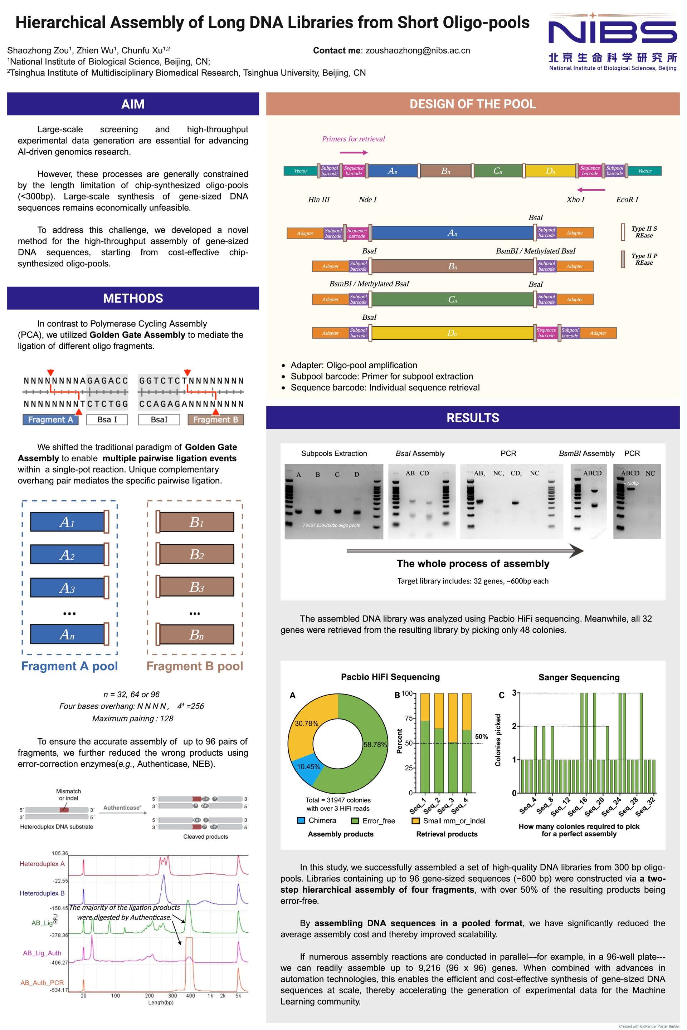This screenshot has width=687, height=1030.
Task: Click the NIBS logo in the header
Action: [613, 41]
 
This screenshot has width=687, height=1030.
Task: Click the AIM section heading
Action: [133, 104]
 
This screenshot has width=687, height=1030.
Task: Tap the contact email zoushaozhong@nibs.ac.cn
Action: [418, 51]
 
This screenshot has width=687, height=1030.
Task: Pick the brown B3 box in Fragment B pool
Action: [196, 587]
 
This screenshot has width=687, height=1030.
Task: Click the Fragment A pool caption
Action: [70, 666]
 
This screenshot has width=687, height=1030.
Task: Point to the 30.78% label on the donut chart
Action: [306, 724]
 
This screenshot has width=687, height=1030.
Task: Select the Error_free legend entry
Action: [373, 821]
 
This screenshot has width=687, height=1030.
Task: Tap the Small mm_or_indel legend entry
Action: [449, 821]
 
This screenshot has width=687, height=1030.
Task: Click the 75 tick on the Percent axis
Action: [409, 718]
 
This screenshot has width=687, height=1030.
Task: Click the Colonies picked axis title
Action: [498, 740]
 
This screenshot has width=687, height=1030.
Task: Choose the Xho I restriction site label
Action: [575, 200]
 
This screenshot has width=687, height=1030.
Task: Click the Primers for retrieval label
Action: [353, 139]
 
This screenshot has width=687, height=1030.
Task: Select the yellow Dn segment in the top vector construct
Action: [550, 171]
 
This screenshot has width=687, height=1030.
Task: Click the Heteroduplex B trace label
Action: [42, 893]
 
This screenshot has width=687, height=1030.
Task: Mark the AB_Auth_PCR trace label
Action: [42, 983]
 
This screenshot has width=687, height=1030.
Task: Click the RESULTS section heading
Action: [473, 418]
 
